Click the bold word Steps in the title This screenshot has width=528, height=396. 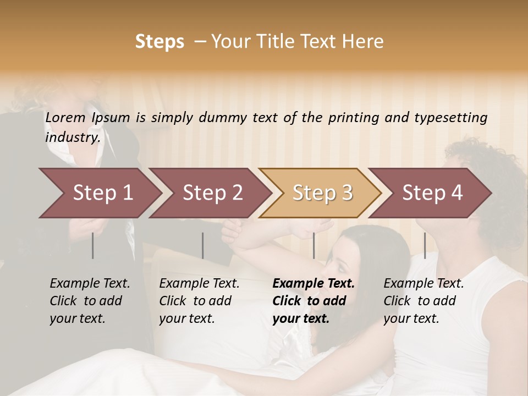pos(159,41)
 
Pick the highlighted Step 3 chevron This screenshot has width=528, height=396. pos(322,193)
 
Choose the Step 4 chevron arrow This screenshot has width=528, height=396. pos(432,193)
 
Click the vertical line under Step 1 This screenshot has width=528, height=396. pos(93,245)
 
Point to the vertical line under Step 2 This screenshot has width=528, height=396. pos(203,245)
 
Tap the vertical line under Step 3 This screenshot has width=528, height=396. pos(314,245)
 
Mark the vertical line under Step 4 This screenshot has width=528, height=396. pos(425,245)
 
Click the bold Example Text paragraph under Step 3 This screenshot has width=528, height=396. pos(313,301)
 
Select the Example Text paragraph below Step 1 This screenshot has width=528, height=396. pos(90,301)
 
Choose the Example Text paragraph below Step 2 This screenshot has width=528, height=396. pos(199,301)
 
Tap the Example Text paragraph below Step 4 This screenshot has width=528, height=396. pos(424,301)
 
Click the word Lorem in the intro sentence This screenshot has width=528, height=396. pos(65,117)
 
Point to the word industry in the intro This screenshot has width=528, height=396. pos(71,137)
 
